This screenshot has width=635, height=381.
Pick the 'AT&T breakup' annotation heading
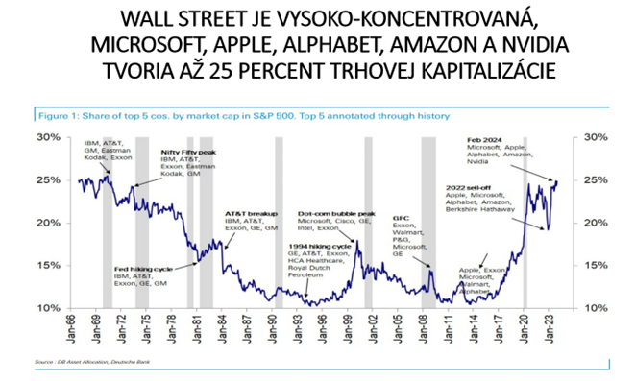250,213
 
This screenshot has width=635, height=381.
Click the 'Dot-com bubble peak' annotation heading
335,213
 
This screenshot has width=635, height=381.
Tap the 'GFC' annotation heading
402,218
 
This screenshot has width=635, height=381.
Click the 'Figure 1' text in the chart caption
55,115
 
